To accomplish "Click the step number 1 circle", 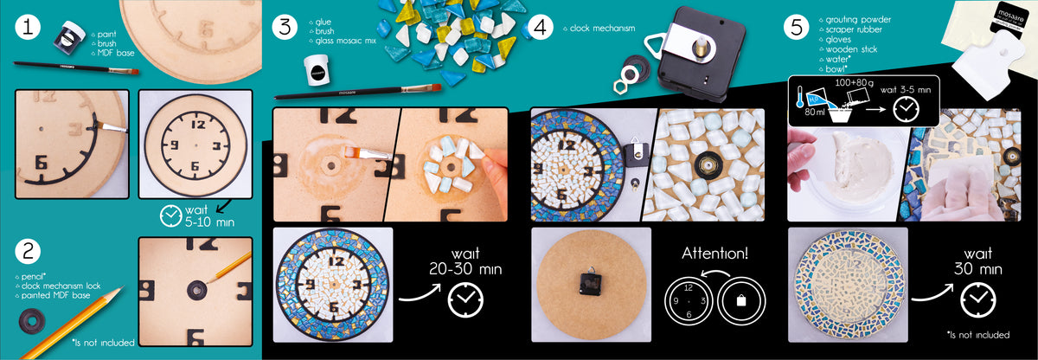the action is [x=28, y=27].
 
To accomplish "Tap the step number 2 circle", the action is [x=28, y=252].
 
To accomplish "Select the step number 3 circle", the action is [x=285, y=27].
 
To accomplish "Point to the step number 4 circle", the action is [x=541, y=27].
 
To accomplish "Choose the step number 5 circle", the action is [x=797, y=27].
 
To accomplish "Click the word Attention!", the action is [x=714, y=253].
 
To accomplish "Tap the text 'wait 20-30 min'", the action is [x=465, y=261].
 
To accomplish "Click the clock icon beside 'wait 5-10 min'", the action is [x=170, y=215].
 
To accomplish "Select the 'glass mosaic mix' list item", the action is [x=345, y=41].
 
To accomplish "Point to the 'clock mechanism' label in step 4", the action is [x=602, y=29].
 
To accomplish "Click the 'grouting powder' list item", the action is [x=858, y=19].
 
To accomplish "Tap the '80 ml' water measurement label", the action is [x=814, y=112].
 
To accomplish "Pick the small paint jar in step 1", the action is [x=69, y=36].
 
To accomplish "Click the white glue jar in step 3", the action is [x=317, y=70].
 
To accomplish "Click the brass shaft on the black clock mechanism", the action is [x=701, y=45].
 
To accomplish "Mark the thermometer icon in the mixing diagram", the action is [x=800, y=96].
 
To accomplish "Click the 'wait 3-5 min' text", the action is [x=906, y=90].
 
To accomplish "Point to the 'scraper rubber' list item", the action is [x=854, y=29].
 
